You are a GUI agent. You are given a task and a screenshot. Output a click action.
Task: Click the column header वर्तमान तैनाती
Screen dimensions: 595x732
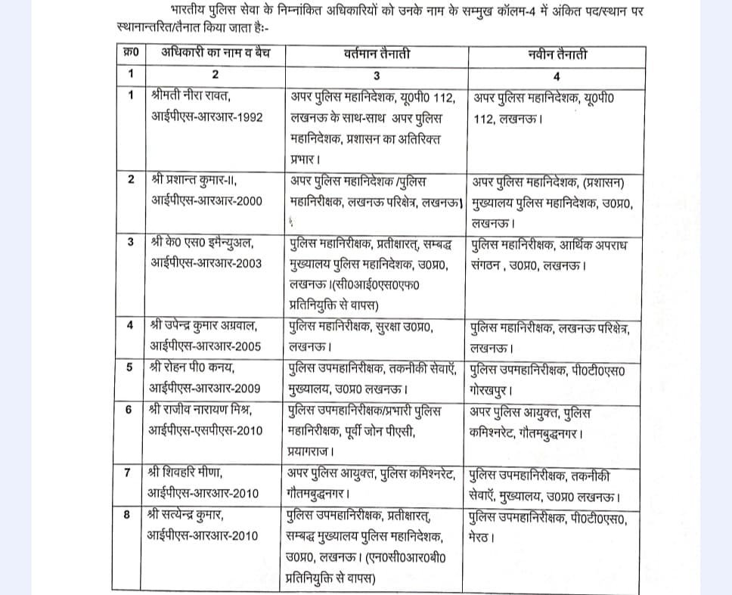pos(376,55)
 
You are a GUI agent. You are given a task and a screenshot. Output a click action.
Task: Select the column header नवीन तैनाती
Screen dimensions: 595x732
pos(557,55)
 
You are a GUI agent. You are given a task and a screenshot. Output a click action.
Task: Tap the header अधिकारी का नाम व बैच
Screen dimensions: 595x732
pos(215,55)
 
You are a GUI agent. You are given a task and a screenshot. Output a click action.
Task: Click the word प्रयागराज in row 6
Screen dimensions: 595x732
pos(314,452)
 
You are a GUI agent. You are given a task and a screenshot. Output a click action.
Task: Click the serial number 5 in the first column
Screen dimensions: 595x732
pos(130,368)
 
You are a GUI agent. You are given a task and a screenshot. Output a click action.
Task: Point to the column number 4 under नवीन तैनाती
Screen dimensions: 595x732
pos(557,76)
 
